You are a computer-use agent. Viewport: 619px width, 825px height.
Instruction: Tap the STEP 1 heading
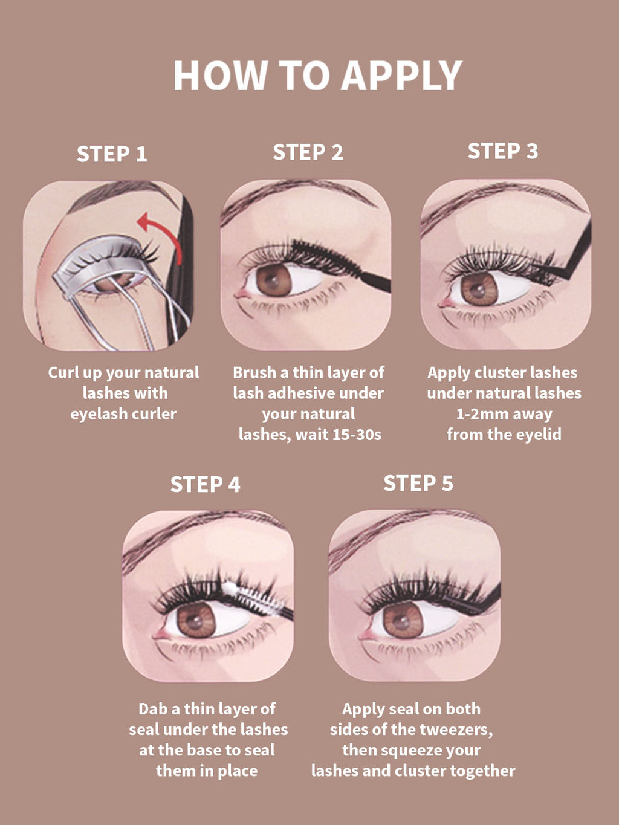coord(112,154)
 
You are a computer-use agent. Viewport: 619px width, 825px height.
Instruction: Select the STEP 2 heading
coord(308,152)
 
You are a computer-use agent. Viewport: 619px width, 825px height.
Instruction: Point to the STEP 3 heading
coord(503,150)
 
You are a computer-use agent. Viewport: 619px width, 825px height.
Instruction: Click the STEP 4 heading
coord(205,484)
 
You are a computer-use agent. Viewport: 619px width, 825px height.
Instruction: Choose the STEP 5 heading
coord(418,483)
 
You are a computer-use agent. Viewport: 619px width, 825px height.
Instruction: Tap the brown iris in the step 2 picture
coord(274,280)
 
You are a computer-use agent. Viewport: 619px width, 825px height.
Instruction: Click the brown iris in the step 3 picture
coord(479,289)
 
